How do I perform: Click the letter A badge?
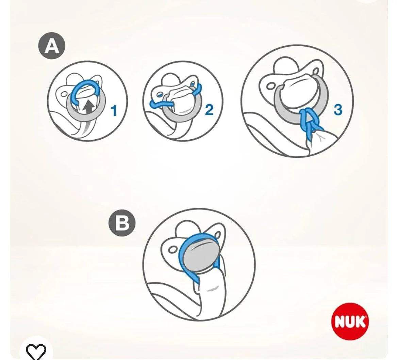(51, 46)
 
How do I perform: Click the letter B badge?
(122, 224)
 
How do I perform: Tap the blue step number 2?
(209, 110)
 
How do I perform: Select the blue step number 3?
(337, 110)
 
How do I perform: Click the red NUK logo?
(350, 321)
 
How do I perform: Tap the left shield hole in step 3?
(271, 86)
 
